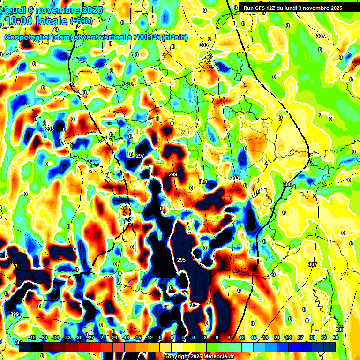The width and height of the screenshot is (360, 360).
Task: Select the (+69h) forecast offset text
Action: pos(81,21)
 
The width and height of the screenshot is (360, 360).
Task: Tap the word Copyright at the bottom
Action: pos(177,357)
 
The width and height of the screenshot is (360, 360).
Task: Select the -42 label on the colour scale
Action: pos(32,338)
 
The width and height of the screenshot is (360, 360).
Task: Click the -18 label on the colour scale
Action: pos(125,338)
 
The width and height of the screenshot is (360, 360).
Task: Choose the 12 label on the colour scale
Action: pos(242,338)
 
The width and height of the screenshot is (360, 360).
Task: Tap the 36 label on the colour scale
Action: pos(336,338)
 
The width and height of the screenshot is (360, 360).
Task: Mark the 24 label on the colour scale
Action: pos(288,338)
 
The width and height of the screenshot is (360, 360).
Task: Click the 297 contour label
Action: pos(140,156)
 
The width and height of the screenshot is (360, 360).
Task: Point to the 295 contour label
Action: pos(181,260)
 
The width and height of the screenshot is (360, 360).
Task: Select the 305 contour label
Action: pos(287,184)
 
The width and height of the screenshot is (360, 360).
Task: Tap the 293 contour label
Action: pos(50,129)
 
